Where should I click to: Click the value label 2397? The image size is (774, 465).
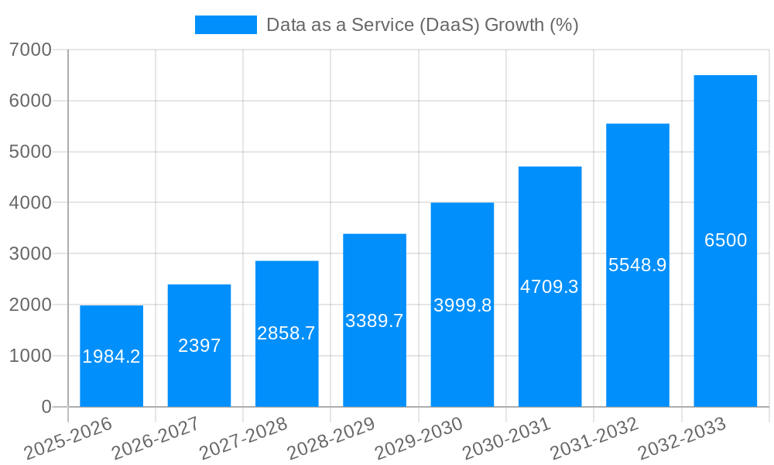click(199, 346)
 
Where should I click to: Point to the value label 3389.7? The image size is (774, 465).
click(375, 321)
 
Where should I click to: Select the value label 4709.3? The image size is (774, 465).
click(550, 287)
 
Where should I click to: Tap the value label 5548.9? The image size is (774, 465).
click(637, 265)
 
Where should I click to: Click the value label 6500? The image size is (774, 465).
click(725, 240)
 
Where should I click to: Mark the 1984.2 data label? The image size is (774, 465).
click(111, 356)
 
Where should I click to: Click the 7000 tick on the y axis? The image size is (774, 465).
click(30, 50)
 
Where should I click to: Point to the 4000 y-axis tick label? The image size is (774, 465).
click(30, 203)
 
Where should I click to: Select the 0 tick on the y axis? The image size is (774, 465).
click(46, 407)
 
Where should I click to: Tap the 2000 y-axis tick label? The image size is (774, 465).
click(30, 305)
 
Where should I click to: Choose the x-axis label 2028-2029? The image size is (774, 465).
click(331, 439)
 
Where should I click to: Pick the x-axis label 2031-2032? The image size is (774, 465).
click(594, 439)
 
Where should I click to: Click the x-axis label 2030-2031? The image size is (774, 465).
click(507, 439)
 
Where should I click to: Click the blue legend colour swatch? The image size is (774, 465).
click(225, 25)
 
